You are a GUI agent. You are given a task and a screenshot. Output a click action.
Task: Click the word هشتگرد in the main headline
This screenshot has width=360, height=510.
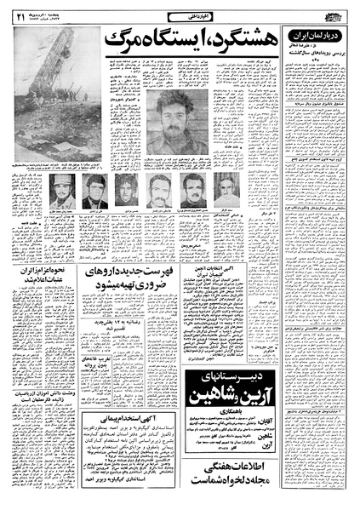click(228, 37)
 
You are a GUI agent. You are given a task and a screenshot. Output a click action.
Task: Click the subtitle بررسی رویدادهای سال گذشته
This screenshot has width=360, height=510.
click(317, 56)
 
